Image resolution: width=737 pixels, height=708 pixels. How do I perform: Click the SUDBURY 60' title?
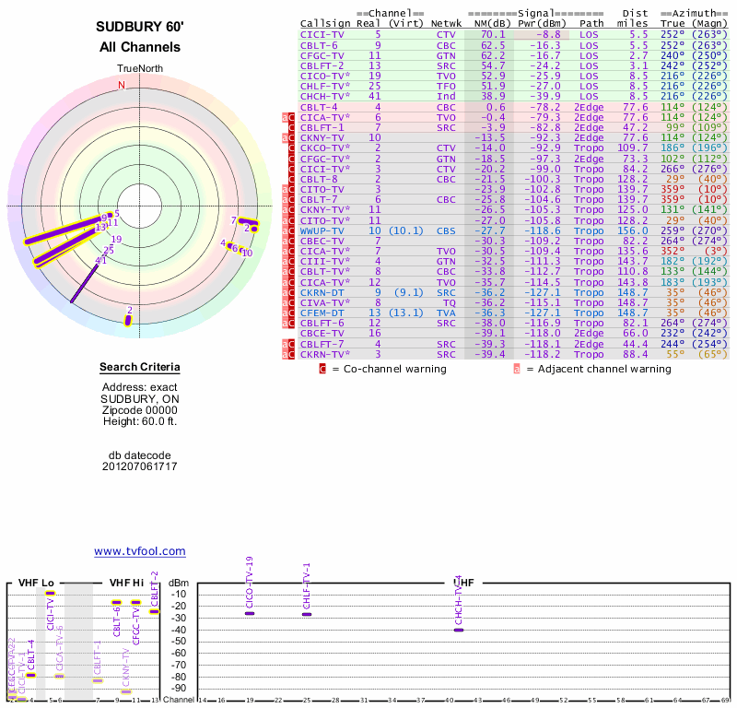click(x=139, y=28)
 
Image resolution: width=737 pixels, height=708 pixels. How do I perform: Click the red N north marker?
click(x=122, y=85)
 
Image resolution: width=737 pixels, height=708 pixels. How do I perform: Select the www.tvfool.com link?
click(x=139, y=551)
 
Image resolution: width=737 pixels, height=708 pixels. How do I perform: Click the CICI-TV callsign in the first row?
click(x=322, y=33)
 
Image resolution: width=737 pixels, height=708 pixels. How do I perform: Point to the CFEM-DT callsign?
click(x=322, y=313)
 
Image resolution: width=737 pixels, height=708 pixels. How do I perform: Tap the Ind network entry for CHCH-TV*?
click(x=446, y=96)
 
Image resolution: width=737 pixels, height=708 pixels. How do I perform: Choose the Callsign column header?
click(x=325, y=22)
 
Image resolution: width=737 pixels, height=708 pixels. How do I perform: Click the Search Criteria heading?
click(x=139, y=368)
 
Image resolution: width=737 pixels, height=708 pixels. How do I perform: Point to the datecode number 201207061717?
click(x=139, y=466)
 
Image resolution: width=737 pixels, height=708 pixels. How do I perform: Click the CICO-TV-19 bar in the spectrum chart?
click(x=250, y=613)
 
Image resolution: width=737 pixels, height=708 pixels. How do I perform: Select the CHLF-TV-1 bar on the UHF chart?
click(x=307, y=614)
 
